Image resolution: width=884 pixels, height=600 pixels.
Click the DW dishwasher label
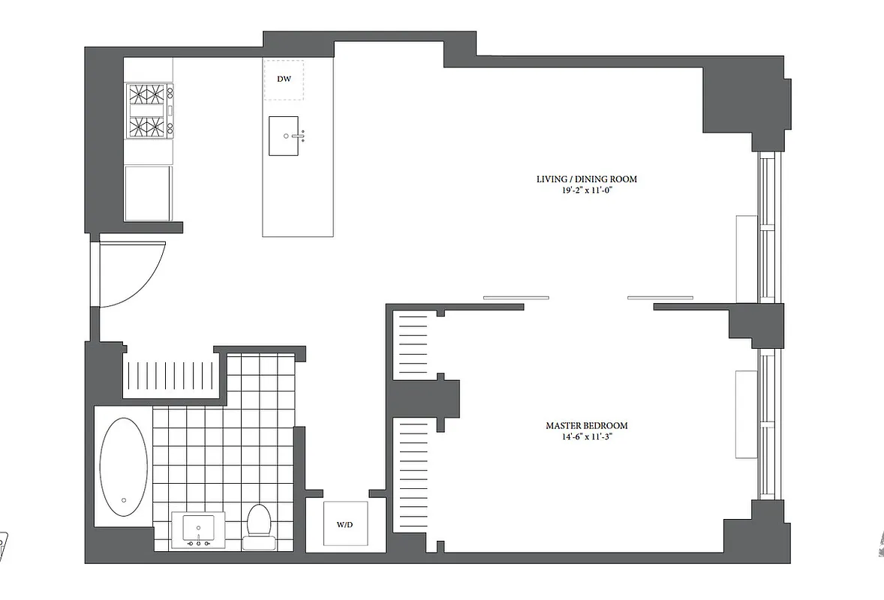pos(284,79)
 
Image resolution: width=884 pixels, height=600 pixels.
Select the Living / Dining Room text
pos(586,179)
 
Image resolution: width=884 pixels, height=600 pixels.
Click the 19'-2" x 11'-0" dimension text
pos(586,190)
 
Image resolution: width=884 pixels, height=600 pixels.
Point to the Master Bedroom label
pos(586,425)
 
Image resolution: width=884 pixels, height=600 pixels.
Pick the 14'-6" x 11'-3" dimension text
pos(586,436)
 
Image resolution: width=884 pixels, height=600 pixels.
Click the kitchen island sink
pos(285,136)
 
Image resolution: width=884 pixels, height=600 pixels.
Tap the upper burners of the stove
pos(148,96)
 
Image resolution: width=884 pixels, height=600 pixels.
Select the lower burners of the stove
pos(148,125)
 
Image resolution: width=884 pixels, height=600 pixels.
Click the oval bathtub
pos(124,466)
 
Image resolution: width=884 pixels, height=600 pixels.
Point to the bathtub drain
pos(124,499)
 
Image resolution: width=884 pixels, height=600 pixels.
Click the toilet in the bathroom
pos(258,520)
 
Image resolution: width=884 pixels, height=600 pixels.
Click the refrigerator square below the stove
pos(148,193)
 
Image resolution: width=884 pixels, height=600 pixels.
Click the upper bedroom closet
pos(412,346)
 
